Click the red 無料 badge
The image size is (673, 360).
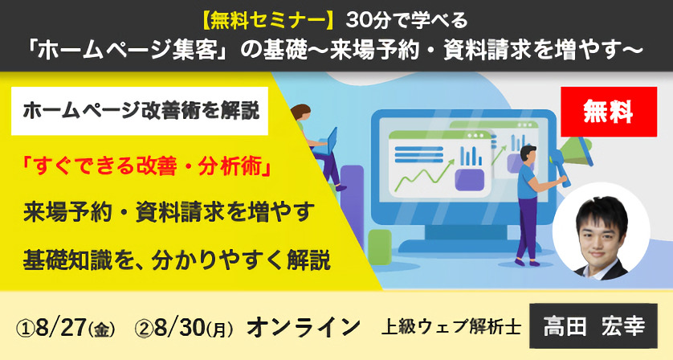click(x=609, y=112)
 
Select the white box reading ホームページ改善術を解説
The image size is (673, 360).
click(x=140, y=111)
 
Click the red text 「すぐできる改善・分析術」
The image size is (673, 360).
click(x=147, y=166)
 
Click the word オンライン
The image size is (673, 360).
click(x=303, y=327)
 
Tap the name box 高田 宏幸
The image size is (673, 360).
click(x=593, y=326)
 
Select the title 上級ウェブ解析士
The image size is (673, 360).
click(x=451, y=327)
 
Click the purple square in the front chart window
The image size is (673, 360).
click(x=469, y=179)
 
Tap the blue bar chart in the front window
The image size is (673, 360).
click(x=471, y=156)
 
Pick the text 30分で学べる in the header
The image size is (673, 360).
click(x=406, y=21)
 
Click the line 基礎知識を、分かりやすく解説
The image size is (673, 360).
click(x=177, y=260)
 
